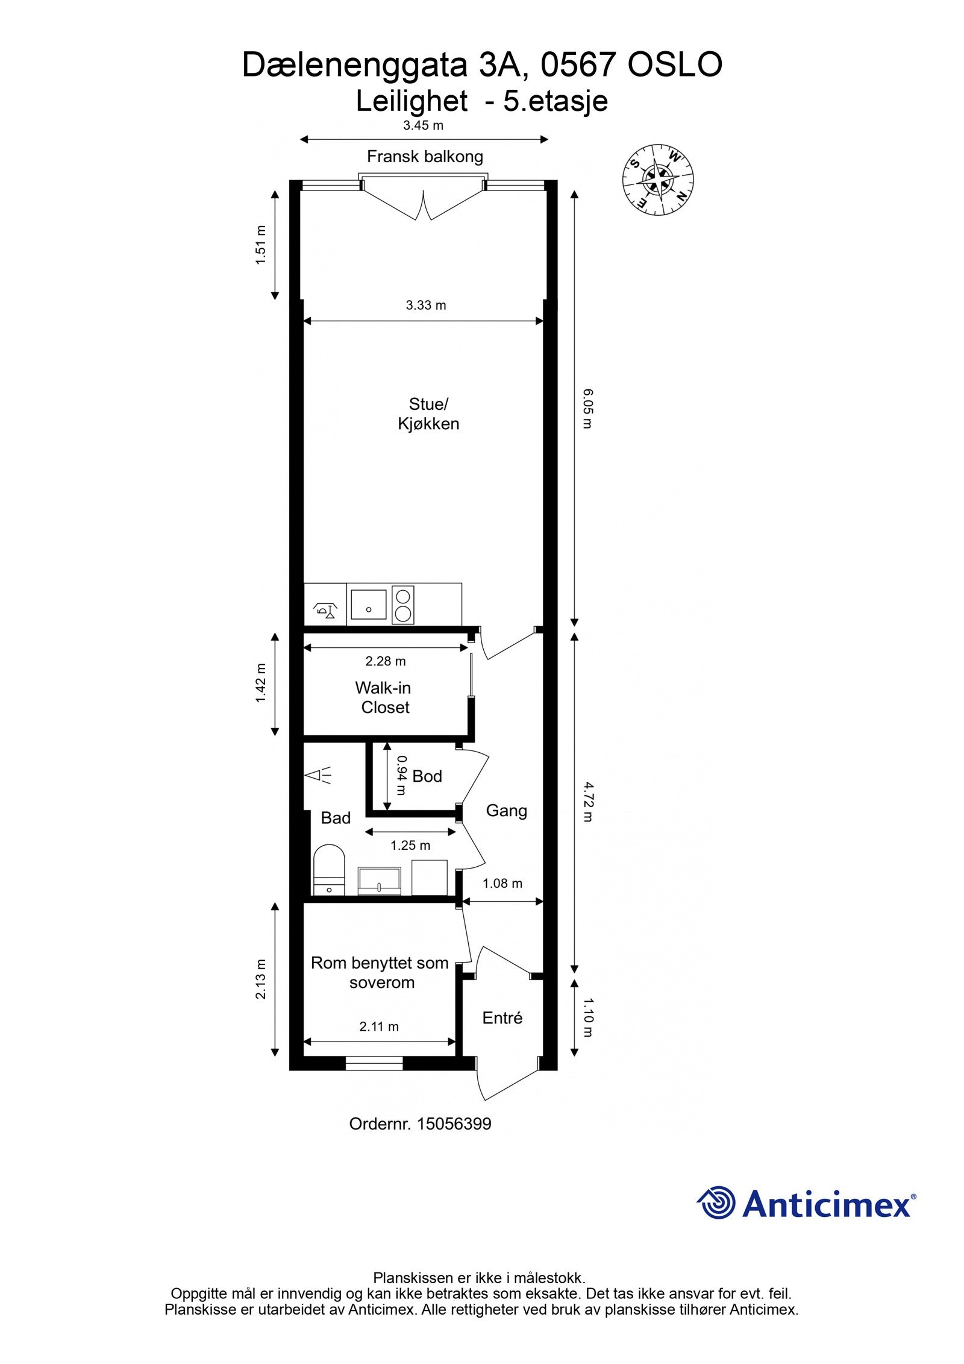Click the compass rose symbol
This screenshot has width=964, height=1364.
657,180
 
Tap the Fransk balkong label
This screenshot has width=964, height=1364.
425,157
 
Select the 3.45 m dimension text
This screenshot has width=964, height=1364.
423,125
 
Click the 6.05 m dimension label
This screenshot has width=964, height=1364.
588,409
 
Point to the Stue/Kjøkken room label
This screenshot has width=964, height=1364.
428,413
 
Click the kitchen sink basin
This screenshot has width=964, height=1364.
368,604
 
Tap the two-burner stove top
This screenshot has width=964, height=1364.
402,605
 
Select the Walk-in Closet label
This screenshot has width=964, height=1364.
384,697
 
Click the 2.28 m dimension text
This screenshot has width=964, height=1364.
386,661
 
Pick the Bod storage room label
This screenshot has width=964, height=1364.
427,776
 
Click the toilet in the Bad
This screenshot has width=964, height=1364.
329,871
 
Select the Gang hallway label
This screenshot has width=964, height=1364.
507,811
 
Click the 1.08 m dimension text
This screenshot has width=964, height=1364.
502,884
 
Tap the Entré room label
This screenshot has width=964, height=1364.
502,1018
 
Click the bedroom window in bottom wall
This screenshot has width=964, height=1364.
374,1063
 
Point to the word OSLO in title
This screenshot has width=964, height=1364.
675,66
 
